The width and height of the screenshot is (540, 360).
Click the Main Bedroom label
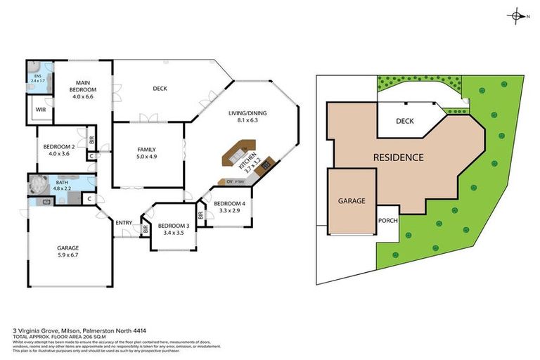pos(83,90)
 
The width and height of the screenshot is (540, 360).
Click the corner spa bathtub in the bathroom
pos(36,186)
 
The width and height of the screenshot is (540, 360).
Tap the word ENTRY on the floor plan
pos(124,223)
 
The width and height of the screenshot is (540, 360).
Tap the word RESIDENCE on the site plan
pos(398,157)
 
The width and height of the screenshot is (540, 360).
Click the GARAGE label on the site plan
pos(352,201)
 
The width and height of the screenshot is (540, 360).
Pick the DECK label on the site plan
pos(404,121)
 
